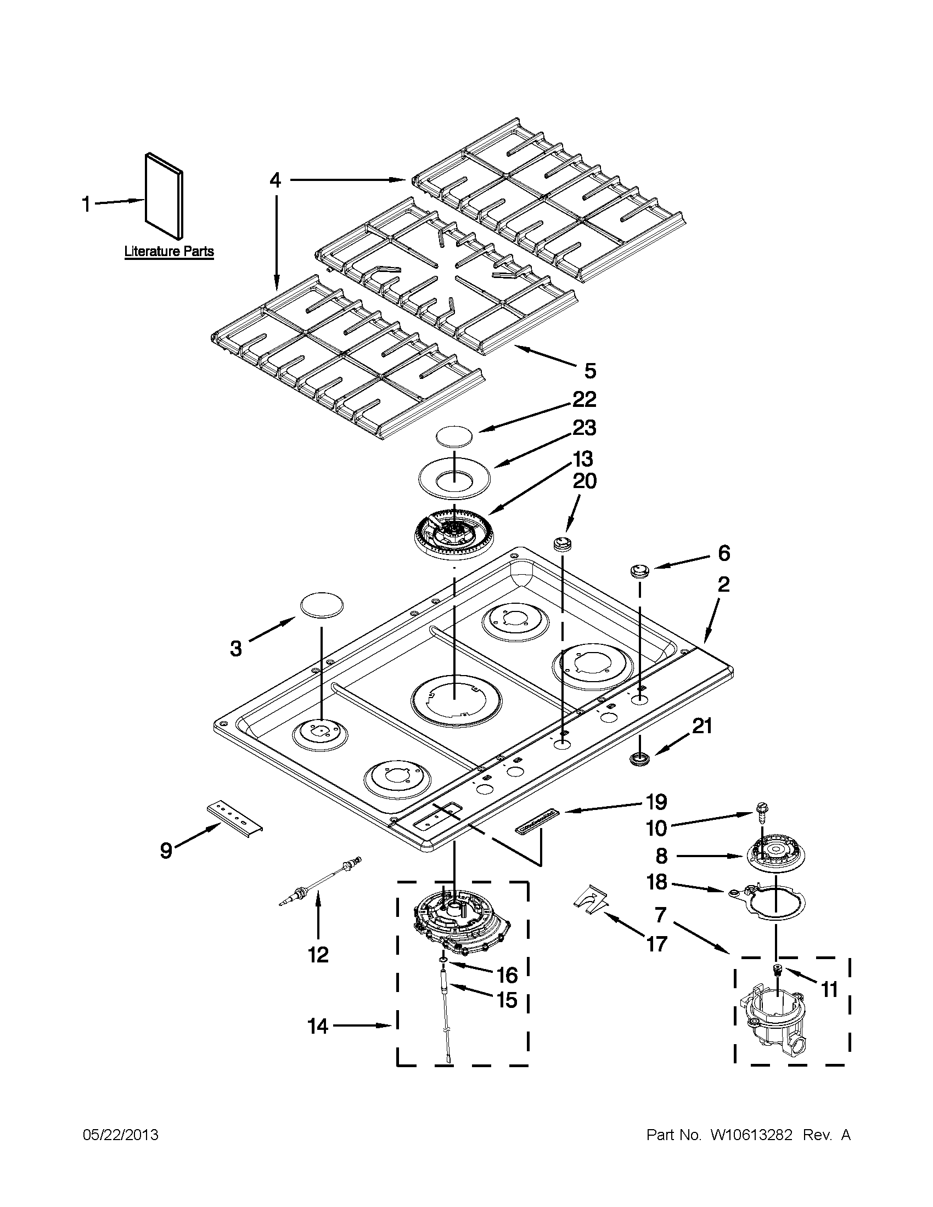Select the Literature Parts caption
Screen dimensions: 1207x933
tap(168, 252)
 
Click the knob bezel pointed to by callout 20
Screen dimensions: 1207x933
tap(561, 543)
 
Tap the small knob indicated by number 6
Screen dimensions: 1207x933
tap(640, 570)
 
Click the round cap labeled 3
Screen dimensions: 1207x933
tap(321, 604)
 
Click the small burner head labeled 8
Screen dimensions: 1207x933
tap(774, 855)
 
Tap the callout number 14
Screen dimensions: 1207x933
tap(318, 1026)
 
